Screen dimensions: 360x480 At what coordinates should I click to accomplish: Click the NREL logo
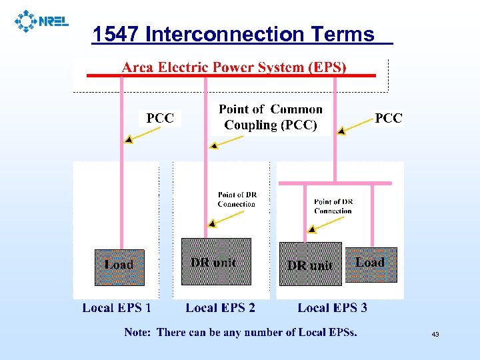coord(41,21)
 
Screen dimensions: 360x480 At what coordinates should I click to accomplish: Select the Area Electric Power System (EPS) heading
coord(234,67)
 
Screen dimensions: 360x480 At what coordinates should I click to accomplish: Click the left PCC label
coord(160,118)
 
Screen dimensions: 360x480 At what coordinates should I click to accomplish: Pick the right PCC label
coord(389,118)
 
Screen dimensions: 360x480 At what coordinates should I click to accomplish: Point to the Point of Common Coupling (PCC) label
coord(270,117)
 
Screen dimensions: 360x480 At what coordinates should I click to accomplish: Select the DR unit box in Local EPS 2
coord(216,262)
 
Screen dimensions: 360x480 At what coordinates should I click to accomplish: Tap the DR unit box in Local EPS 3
coord(310,264)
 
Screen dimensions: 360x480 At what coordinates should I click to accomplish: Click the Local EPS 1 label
coord(117,307)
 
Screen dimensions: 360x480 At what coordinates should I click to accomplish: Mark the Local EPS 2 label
coord(220,307)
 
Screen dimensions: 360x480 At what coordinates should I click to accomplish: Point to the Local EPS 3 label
coord(332,307)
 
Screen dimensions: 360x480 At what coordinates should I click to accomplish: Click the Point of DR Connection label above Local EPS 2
coord(237,199)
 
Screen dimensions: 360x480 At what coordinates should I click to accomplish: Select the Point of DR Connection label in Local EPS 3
coord(333,206)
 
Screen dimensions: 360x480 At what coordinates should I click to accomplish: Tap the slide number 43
coord(435,334)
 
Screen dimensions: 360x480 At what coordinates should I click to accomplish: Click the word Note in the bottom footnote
coord(137,332)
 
